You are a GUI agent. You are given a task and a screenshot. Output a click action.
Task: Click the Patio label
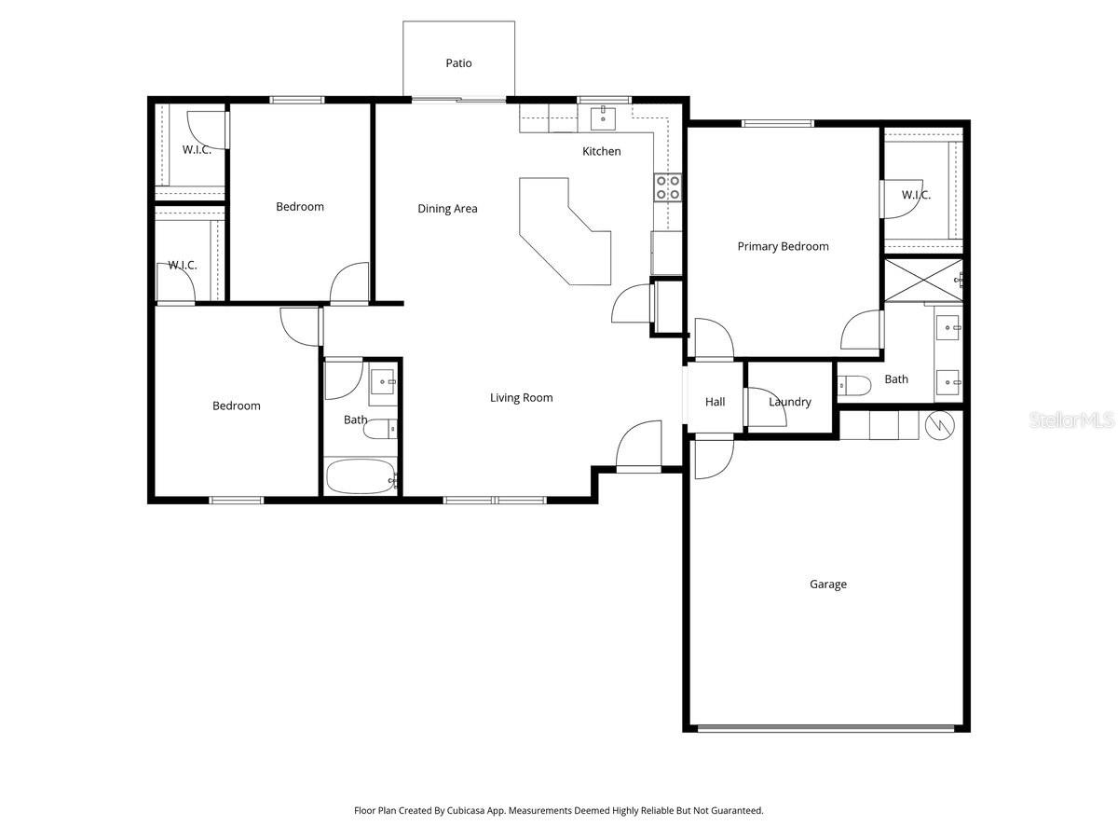(x=458, y=63)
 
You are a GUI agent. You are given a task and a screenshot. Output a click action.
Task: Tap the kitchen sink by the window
(x=603, y=117)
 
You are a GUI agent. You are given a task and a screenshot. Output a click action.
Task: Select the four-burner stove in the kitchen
(x=667, y=187)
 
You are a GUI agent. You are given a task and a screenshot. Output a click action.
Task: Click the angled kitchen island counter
(x=563, y=233)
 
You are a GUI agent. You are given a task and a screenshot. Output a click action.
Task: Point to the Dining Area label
(x=447, y=209)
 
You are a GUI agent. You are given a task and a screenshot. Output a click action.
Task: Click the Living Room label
(x=521, y=398)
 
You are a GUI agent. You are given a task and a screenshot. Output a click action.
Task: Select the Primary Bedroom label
(x=783, y=247)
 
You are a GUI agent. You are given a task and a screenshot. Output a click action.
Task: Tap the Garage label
(x=827, y=585)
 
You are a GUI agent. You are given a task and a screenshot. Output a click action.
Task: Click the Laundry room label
(x=790, y=402)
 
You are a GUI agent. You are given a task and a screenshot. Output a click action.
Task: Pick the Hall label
(x=715, y=402)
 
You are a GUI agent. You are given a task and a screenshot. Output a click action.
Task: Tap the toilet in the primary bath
(x=853, y=383)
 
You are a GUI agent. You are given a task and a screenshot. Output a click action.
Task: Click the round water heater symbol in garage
(x=940, y=425)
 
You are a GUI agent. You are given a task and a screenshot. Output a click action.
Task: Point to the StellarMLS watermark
(x=1070, y=421)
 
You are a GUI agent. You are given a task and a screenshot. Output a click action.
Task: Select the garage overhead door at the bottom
(x=826, y=728)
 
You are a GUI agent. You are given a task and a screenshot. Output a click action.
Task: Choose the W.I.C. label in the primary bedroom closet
(x=916, y=196)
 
